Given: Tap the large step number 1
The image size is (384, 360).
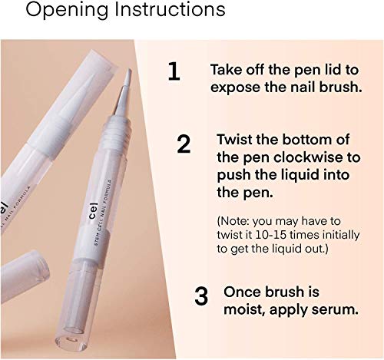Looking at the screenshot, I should [x=174, y=71].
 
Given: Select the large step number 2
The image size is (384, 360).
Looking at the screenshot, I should [x=184, y=144].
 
